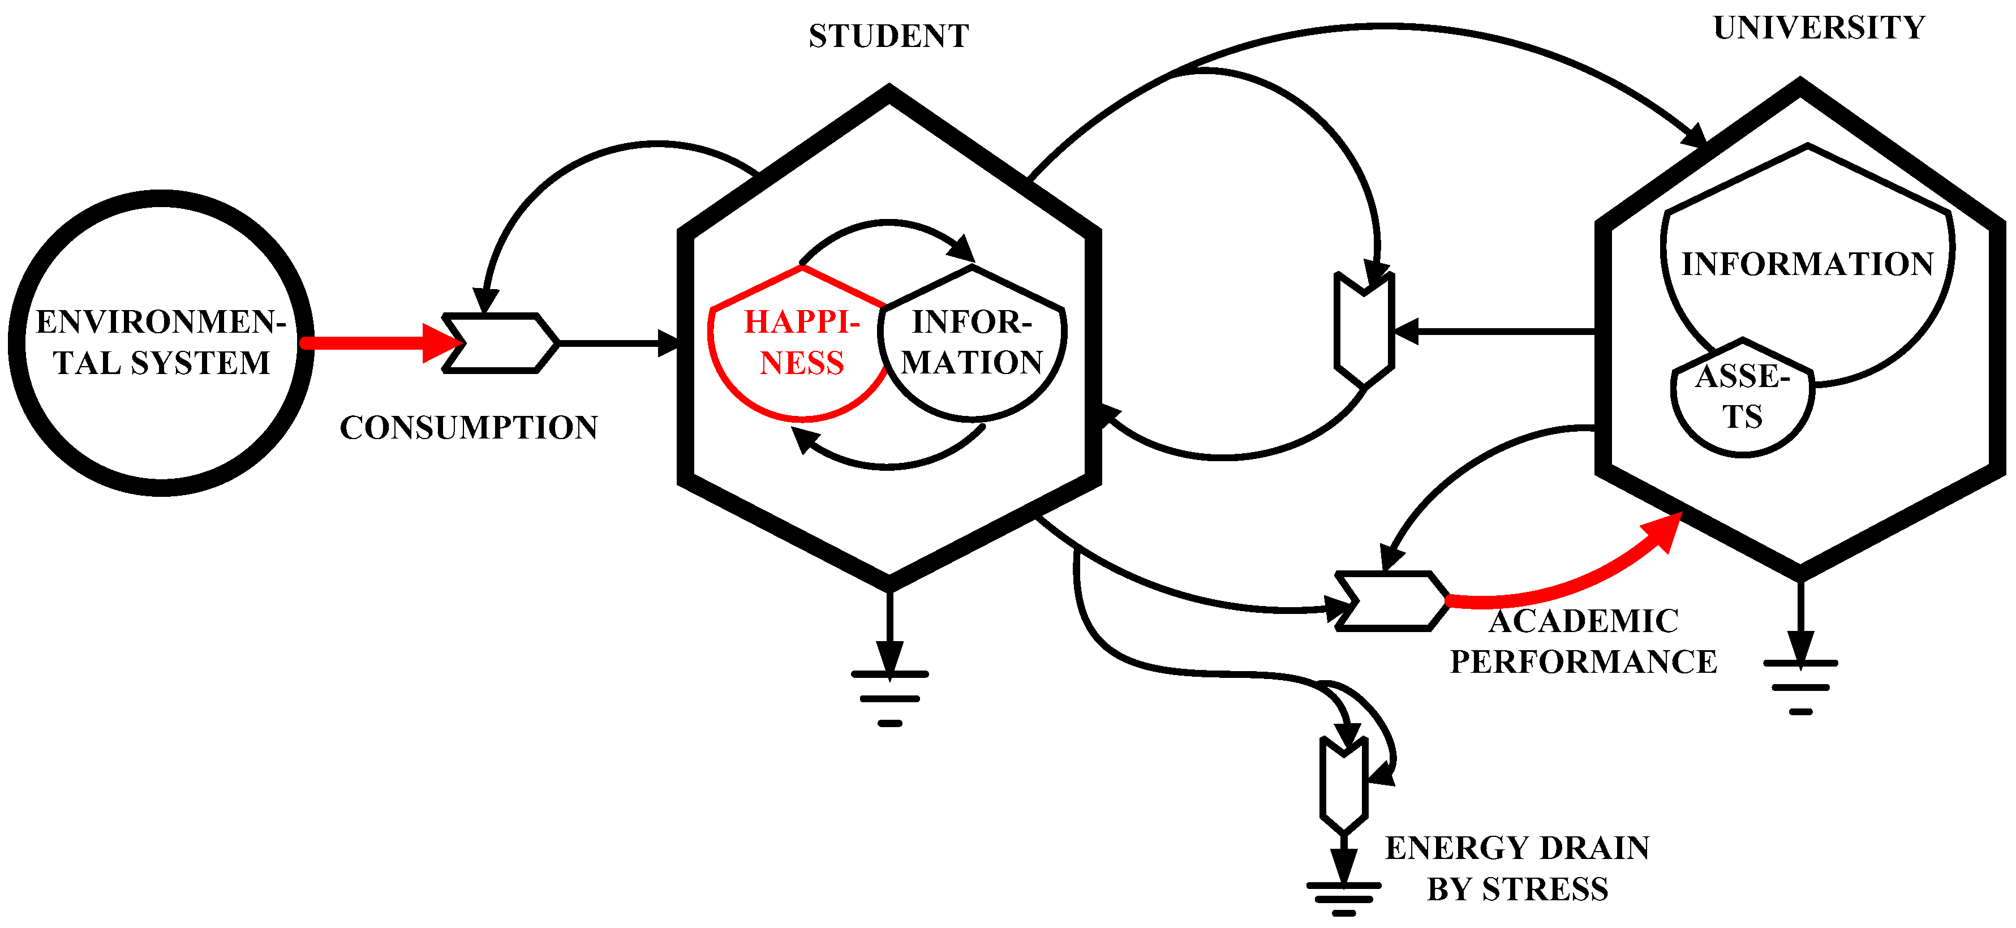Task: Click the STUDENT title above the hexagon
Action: tap(888, 36)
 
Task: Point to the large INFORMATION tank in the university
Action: tap(1807, 263)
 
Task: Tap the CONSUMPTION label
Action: tap(468, 427)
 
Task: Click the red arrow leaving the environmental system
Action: tap(376, 343)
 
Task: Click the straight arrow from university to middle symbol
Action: tap(1495, 332)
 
